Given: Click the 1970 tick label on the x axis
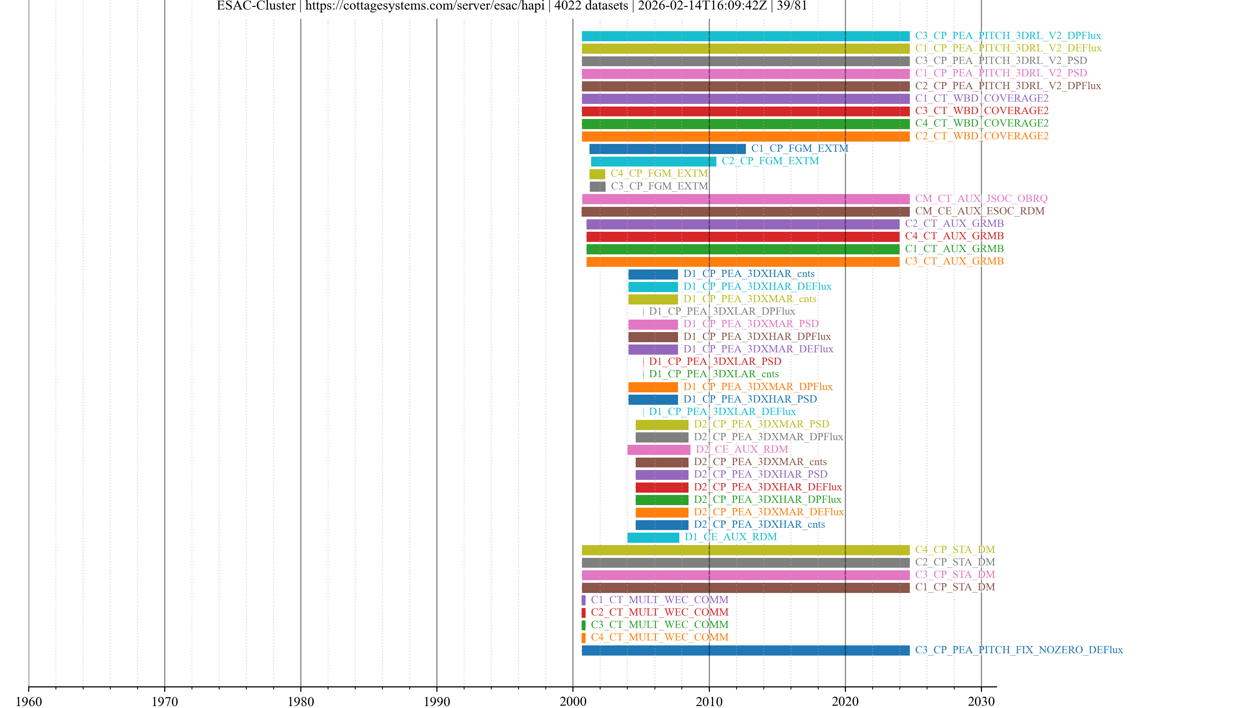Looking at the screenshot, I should [165, 701].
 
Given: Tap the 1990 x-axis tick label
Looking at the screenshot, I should [436, 701].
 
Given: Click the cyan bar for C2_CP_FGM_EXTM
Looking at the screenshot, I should [653, 162].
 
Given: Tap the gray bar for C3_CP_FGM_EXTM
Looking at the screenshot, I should [597, 187].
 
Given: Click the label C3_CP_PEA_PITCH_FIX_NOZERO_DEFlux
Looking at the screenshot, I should [1019, 650].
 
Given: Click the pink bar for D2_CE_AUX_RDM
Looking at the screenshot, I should [658, 449].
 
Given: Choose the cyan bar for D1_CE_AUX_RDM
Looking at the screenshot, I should [653, 538].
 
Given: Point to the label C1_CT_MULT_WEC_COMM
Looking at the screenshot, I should [659, 600].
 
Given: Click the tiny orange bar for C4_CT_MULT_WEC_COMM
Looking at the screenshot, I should [584, 638].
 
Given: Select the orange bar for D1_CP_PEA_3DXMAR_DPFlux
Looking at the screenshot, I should [653, 387].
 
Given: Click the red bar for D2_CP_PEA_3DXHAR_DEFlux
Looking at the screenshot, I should [662, 487].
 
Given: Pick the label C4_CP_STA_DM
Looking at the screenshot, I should [954, 550].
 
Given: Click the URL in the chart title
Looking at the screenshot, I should [424, 6].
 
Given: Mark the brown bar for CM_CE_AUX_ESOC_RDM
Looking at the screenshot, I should [745, 211].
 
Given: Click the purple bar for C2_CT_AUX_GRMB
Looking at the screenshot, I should [742, 224].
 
